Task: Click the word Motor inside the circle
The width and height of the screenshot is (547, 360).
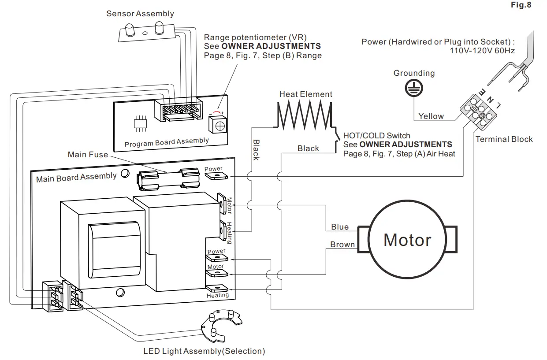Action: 407,240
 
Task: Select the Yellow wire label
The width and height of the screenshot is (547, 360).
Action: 431,116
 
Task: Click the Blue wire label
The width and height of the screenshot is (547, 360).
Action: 339,227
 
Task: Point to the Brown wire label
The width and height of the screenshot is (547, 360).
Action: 342,245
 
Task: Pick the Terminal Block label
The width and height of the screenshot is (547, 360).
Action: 504,139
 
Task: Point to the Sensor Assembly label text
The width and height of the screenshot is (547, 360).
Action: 140,14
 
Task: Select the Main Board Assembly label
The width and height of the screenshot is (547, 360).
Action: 76,178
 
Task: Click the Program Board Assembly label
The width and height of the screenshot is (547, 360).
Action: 166,142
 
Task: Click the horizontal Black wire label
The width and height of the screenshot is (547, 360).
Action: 308,148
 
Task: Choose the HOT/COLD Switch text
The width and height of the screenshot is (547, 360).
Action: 376,136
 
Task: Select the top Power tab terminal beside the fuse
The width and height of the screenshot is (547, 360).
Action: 214,176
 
